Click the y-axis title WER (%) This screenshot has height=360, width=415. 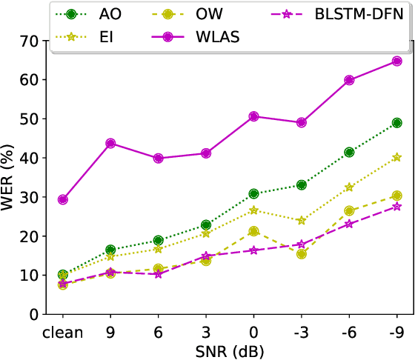(x=10, y=177)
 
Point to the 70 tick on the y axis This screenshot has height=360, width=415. (x=29, y=41)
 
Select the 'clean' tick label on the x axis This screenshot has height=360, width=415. (x=63, y=330)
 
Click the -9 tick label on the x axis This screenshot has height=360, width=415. (x=396, y=330)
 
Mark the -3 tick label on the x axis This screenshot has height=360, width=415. (x=301, y=330)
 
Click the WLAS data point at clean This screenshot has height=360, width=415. (x=63, y=199)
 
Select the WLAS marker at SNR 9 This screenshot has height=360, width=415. (x=110, y=143)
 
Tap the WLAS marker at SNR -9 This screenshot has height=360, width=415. (x=396, y=61)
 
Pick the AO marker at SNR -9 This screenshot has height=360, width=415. (x=396, y=123)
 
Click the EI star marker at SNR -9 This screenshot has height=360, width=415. (x=396, y=157)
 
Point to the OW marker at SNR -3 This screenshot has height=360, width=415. (x=301, y=254)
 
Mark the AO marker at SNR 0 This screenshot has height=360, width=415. (x=253, y=193)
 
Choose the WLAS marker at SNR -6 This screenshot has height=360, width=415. (x=349, y=80)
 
